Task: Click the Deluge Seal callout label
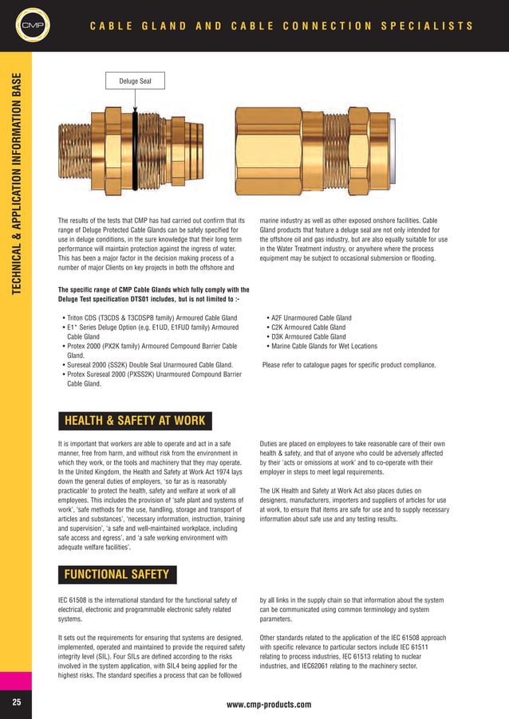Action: coord(134,81)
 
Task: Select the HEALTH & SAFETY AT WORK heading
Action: coord(134,420)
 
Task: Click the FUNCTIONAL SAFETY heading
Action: coord(116,574)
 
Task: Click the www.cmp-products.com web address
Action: coord(269,705)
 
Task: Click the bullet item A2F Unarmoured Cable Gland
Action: coord(311,317)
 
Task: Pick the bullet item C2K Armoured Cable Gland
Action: coord(308,327)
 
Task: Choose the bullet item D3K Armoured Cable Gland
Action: coord(308,336)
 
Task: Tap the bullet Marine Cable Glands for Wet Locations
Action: coord(324,346)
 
